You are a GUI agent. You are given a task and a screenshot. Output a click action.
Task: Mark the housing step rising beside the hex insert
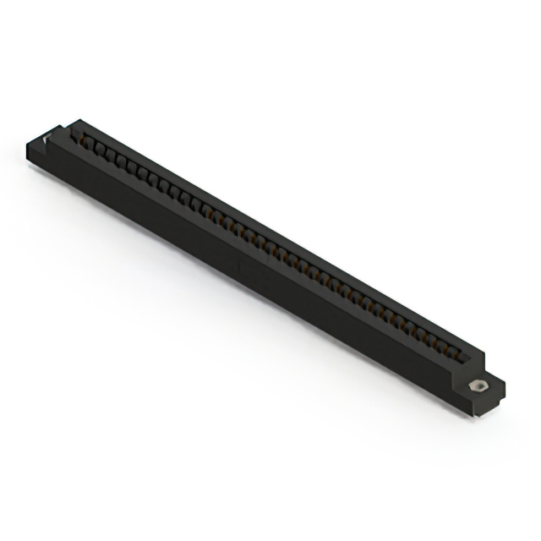coord(478,363)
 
